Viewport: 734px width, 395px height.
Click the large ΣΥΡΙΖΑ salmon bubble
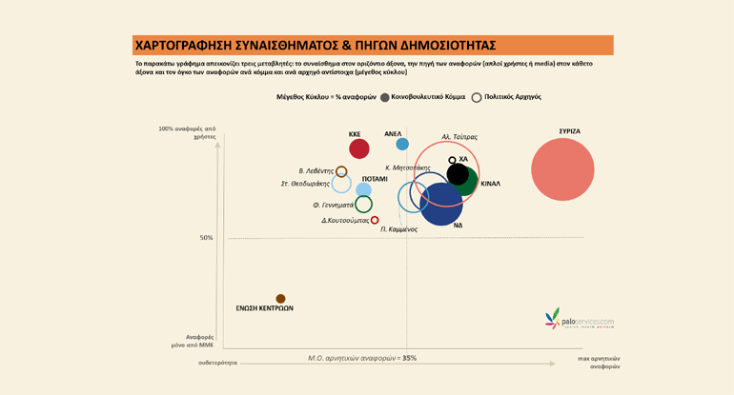[562, 169]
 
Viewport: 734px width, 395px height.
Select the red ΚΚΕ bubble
[359, 148]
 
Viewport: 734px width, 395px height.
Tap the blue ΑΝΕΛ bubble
[402, 144]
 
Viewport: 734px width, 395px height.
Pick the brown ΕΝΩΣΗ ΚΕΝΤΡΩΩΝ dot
[280, 299]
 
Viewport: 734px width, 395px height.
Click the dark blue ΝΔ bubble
[440, 205]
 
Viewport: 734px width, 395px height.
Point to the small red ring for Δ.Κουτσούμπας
[375, 220]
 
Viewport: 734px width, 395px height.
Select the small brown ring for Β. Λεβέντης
[341, 171]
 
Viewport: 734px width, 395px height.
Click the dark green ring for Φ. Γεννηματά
[363, 204]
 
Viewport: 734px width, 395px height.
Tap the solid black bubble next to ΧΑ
[458, 174]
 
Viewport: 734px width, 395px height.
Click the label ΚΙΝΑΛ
[490, 183]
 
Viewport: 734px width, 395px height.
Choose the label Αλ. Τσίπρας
[459, 136]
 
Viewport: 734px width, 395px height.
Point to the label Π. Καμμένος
[398, 229]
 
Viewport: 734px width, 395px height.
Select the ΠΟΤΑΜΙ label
[375, 178]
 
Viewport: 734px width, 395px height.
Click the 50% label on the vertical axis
[206, 238]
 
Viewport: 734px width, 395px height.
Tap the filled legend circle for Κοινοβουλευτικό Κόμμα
[384, 97]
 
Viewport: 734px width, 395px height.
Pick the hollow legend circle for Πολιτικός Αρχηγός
[477, 97]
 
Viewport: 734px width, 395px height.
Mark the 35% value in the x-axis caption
[409, 358]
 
